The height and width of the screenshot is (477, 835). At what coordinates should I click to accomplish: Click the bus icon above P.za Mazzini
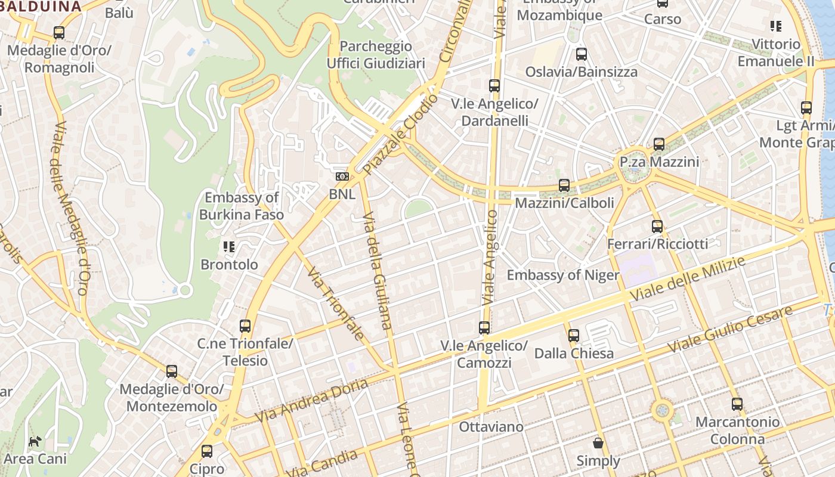pyautogui.click(x=658, y=144)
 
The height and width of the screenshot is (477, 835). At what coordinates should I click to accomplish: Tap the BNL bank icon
pyautogui.click(x=342, y=176)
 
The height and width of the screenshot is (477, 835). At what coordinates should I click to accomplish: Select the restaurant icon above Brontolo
pyautogui.click(x=229, y=246)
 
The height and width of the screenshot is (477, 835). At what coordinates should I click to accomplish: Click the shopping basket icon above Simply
pyautogui.click(x=598, y=443)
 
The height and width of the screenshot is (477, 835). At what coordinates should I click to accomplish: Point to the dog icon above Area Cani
pyautogui.click(x=35, y=441)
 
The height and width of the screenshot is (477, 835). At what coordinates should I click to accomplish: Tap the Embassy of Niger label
pyautogui.click(x=563, y=275)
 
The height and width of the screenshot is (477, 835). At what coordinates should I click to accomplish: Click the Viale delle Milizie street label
pyautogui.click(x=688, y=279)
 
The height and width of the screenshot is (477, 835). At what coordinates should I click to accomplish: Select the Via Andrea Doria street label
pyautogui.click(x=311, y=401)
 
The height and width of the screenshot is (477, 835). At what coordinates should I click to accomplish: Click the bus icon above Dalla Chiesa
pyautogui.click(x=573, y=335)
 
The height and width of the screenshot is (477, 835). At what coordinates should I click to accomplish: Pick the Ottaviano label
pyautogui.click(x=491, y=427)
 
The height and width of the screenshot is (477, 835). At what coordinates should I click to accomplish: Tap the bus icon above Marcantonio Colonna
pyautogui.click(x=737, y=404)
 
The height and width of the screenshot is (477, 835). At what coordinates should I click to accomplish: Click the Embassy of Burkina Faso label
pyautogui.click(x=241, y=206)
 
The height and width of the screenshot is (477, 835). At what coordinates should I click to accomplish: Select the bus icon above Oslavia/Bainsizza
pyautogui.click(x=581, y=54)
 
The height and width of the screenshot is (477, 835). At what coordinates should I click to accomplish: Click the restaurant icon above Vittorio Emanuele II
pyautogui.click(x=775, y=26)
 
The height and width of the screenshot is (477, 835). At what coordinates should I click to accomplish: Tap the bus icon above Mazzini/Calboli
pyautogui.click(x=564, y=185)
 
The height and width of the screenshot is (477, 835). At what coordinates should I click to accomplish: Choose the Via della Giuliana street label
pyautogui.click(x=378, y=270)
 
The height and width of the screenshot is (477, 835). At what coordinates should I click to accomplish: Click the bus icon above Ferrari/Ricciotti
pyautogui.click(x=657, y=226)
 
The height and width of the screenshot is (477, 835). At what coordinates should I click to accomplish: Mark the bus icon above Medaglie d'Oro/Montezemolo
pyautogui.click(x=171, y=371)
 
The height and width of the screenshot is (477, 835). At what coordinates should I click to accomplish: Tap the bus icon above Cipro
pyautogui.click(x=206, y=451)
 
